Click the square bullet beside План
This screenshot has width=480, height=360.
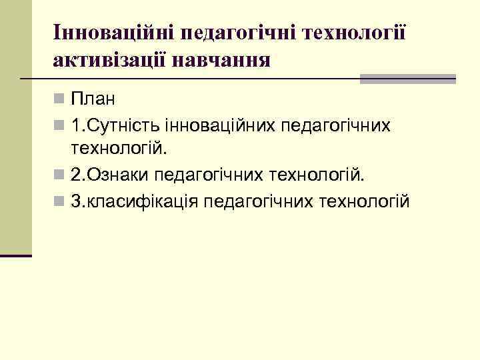click(60, 99)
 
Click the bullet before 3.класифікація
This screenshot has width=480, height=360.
click(60, 201)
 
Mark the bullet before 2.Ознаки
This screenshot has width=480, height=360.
click(60, 175)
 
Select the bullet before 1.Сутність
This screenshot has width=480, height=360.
click(60, 125)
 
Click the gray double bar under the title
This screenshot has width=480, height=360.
click(407, 79)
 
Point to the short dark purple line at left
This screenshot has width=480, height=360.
click(16, 255)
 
